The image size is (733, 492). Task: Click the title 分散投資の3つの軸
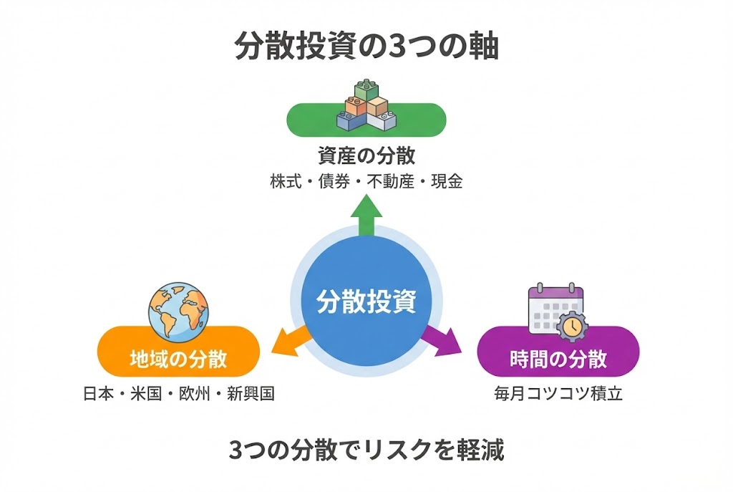(x=366, y=49)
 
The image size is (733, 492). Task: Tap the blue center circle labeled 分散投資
(x=366, y=301)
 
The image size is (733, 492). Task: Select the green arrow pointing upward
(x=366, y=215)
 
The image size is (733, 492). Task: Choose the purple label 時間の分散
(x=558, y=358)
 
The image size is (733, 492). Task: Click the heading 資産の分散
(x=366, y=155)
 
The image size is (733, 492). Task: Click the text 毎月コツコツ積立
(x=558, y=394)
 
